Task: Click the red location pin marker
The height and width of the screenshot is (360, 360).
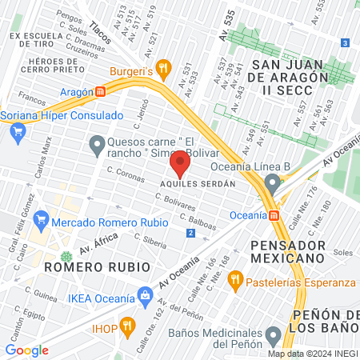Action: pos(179,165)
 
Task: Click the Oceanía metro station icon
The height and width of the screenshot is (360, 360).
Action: pos(275,215)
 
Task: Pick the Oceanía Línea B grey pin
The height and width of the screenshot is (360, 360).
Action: pos(274,185)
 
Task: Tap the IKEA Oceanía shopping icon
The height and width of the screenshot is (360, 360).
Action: pos(145,295)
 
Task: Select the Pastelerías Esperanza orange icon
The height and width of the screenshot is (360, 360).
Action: pos(235,281)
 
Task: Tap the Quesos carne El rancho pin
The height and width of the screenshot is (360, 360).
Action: pos(98,144)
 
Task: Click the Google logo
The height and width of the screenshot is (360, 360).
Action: pos(26,350)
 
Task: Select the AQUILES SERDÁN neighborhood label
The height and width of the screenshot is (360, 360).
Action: pos(198,184)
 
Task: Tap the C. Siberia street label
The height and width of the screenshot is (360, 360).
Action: pos(150,238)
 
